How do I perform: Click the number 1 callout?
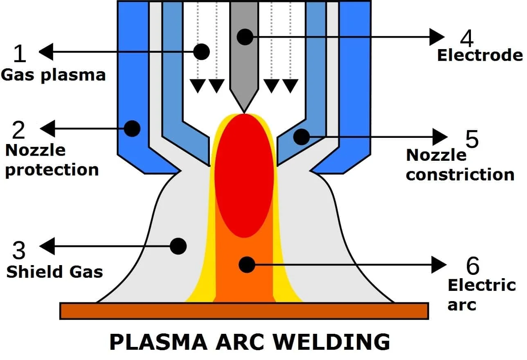point(19,54)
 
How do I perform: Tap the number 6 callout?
point(473,266)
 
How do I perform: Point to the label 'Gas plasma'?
point(53,75)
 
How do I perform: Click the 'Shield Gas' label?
point(54,272)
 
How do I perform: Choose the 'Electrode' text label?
point(480,55)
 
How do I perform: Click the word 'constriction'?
point(460,175)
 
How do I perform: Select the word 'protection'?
point(52,169)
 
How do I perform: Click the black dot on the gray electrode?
point(245,37)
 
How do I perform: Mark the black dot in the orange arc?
point(246,265)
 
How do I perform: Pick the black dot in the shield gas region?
point(178,246)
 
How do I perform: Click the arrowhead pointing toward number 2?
point(46,128)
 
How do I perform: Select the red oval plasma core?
point(244,176)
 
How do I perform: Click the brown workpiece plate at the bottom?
point(244,311)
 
